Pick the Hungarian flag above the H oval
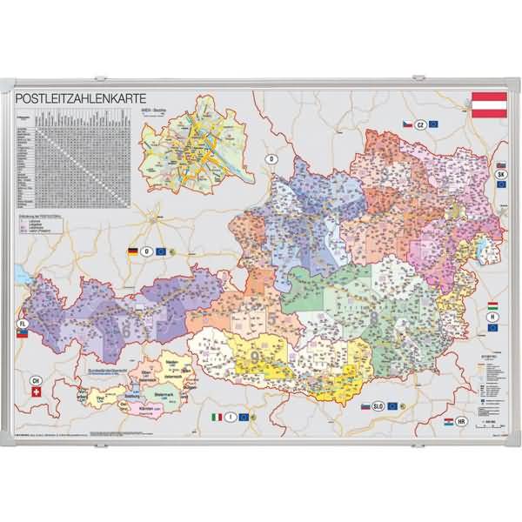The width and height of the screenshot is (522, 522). [x=492, y=307]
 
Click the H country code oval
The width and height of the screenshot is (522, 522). [x=492, y=318]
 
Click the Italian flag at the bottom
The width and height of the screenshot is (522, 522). [x=217, y=418]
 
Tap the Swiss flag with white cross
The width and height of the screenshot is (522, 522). [x=35, y=393]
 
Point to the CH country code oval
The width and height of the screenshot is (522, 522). [x=36, y=380]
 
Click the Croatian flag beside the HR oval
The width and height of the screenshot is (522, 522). [x=449, y=421]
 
